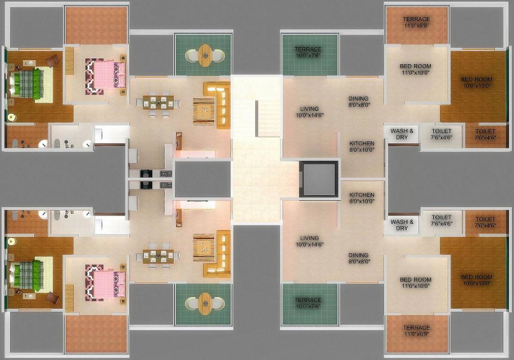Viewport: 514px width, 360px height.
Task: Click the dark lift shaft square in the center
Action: (x=319, y=180)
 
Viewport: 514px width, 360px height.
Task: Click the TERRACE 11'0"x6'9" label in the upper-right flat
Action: (x=417, y=22)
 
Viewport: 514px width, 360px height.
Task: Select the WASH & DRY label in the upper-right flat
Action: (x=402, y=134)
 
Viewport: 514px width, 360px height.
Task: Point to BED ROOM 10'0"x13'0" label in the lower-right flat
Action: (x=477, y=280)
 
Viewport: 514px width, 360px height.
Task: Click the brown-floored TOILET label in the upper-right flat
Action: (x=485, y=135)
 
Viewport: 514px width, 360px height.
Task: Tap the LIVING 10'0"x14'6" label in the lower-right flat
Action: (x=307, y=241)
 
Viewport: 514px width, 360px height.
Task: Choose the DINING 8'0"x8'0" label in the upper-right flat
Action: (x=358, y=102)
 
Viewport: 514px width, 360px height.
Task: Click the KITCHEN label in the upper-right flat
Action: (x=361, y=146)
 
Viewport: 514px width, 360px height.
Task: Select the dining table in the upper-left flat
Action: (x=158, y=102)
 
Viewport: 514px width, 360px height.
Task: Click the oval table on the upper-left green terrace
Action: (x=205, y=55)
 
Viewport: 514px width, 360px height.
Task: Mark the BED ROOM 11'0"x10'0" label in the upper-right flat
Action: (x=415, y=69)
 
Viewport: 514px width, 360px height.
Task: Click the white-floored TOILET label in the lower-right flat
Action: (x=441, y=220)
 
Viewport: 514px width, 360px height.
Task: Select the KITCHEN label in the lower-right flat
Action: (x=361, y=198)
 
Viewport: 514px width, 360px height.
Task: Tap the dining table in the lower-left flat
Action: (x=158, y=256)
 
